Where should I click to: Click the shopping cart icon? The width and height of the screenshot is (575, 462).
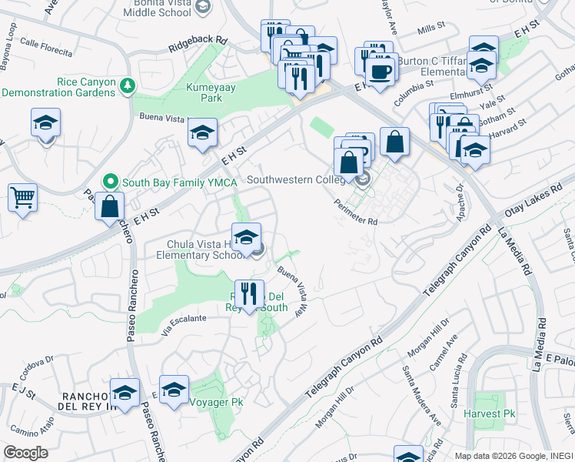click(x=23, y=197)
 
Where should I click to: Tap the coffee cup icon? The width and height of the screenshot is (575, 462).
click(x=378, y=72)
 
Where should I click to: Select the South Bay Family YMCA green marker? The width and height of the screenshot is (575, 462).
click(x=111, y=182)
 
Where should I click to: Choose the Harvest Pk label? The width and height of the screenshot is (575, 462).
click(x=489, y=413)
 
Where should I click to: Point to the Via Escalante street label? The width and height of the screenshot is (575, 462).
click(x=184, y=316)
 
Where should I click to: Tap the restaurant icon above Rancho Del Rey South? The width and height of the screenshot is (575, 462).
click(x=249, y=293)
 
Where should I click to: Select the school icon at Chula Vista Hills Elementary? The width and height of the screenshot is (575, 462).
click(x=247, y=237)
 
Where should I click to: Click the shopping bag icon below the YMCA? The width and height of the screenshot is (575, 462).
click(x=110, y=206)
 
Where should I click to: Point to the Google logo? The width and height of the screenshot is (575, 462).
click(x=25, y=452)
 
